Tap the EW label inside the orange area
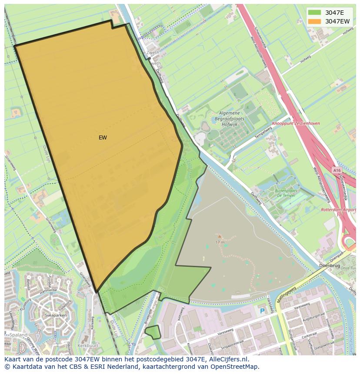click(x=103, y=138)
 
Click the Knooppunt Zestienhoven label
click(x=296, y=123)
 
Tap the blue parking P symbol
click(x=262, y=311)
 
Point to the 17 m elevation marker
click(x=220, y=242)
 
